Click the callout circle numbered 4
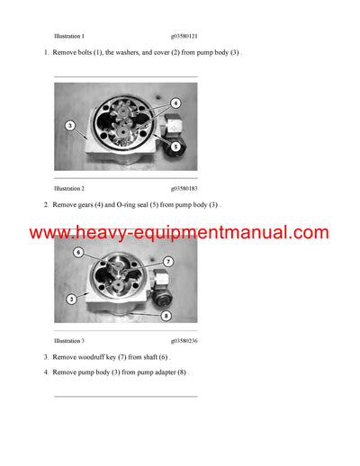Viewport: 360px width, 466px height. point(175,103)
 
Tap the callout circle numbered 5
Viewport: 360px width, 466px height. point(175,146)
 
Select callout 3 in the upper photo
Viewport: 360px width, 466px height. point(69,126)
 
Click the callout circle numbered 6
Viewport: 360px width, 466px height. point(78,252)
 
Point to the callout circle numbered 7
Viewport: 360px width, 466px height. point(167,262)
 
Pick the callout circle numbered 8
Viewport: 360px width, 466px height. point(166,315)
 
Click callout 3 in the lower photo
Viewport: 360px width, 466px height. point(71,298)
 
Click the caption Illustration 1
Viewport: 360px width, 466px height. point(69,36)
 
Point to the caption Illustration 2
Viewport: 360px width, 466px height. point(69,189)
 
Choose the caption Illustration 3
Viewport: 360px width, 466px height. point(69,341)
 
